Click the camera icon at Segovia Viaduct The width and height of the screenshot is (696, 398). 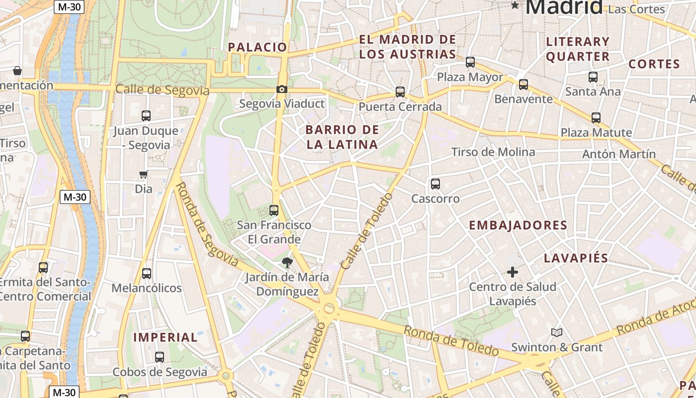pyautogui.click(x=282, y=90)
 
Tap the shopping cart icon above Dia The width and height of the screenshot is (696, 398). pyautogui.click(x=144, y=174)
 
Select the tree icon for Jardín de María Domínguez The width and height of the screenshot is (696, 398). pyautogui.click(x=287, y=263)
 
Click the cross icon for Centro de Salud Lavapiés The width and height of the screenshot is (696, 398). pyautogui.click(x=513, y=272)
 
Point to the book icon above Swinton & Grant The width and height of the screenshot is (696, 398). pyautogui.click(x=557, y=332)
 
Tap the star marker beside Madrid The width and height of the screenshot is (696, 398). pyautogui.click(x=515, y=5)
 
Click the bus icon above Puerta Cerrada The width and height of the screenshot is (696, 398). pyautogui.click(x=400, y=92)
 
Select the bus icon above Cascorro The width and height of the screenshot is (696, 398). pyautogui.click(x=435, y=184)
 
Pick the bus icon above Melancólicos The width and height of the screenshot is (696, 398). pyautogui.click(x=147, y=274)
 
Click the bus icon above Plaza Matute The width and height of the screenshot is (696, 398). pyautogui.click(x=596, y=118)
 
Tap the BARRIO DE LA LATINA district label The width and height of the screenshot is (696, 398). pyautogui.click(x=342, y=137)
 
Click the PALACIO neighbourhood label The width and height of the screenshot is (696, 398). pyautogui.click(x=258, y=47)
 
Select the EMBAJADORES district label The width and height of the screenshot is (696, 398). pyautogui.click(x=518, y=225)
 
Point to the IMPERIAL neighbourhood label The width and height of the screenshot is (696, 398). pyautogui.click(x=166, y=337)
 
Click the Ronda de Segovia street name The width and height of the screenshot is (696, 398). pyautogui.click(x=207, y=224)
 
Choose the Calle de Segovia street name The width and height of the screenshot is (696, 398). pyautogui.click(x=162, y=90)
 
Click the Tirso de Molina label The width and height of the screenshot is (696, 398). pyautogui.click(x=493, y=152)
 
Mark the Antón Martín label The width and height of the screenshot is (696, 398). pyautogui.click(x=619, y=154)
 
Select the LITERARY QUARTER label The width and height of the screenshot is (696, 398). pyautogui.click(x=578, y=49)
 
